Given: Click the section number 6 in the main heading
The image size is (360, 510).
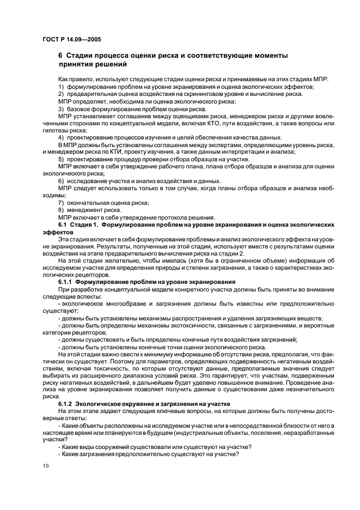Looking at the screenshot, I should (x=60, y=56).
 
